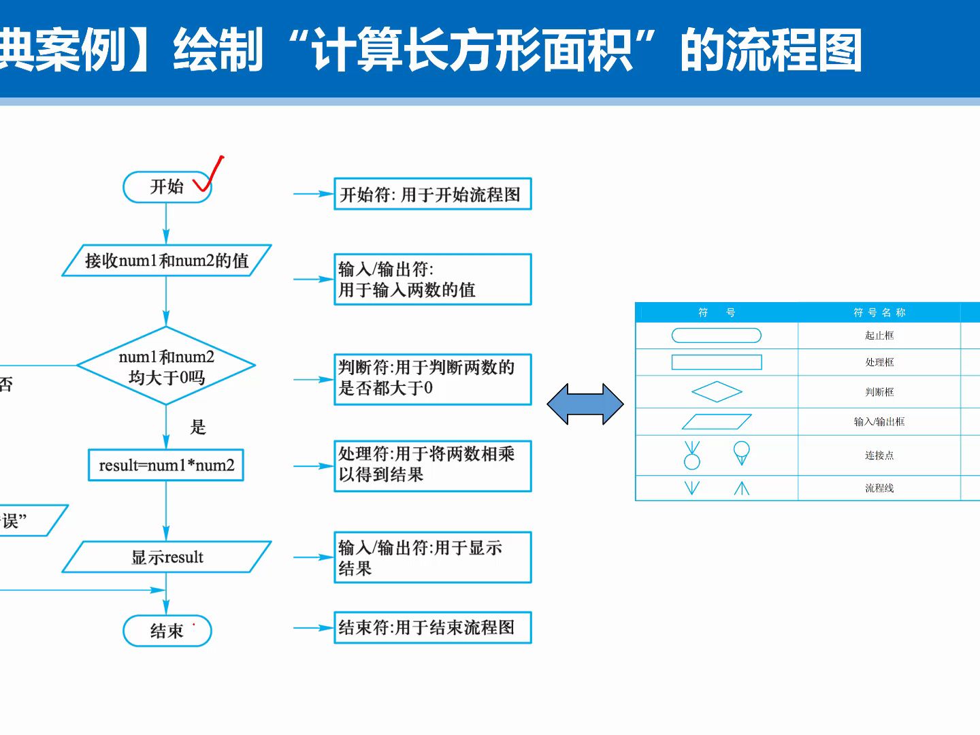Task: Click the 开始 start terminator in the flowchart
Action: click(x=167, y=187)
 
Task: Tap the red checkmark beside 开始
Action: click(x=209, y=175)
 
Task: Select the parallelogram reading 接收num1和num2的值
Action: click(x=167, y=261)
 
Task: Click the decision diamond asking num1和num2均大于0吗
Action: click(x=166, y=366)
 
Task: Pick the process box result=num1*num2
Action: click(x=166, y=465)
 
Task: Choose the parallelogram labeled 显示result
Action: click(x=167, y=557)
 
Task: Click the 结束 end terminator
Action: click(x=167, y=631)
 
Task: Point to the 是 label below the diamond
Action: click(x=198, y=427)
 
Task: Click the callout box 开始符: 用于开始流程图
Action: click(x=432, y=195)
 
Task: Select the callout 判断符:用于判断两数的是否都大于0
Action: click(x=432, y=379)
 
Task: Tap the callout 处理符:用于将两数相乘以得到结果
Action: click(x=432, y=465)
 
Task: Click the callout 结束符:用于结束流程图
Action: click(x=432, y=627)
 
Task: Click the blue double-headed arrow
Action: click(x=585, y=404)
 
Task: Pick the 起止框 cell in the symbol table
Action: click(x=879, y=336)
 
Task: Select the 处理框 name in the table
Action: click(x=879, y=362)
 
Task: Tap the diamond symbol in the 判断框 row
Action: click(x=717, y=392)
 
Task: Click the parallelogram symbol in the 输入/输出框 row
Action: click(x=717, y=422)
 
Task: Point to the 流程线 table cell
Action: click(x=879, y=488)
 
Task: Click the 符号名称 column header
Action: click(x=879, y=312)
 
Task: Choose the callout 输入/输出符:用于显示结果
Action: click(x=432, y=557)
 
